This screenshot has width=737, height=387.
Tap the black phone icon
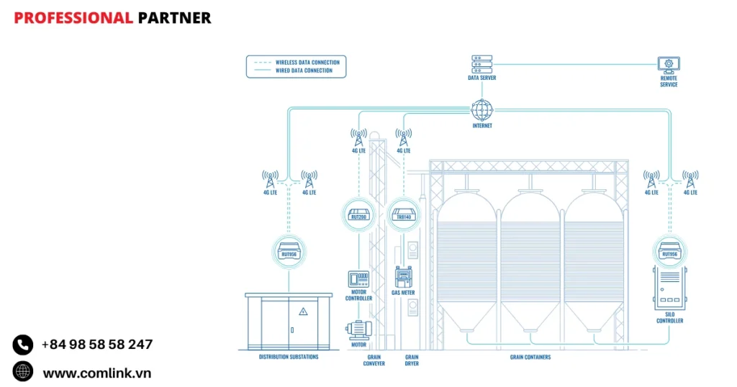tap(23, 345)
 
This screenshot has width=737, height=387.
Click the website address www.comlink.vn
tap(96, 373)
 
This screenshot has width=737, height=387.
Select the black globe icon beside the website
tap(23, 372)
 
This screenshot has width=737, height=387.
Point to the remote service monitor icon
tap(669, 65)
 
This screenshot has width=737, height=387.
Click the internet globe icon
tap(482, 110)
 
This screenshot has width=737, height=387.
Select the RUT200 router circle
tap(358, 214)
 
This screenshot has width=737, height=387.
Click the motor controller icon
tap(358, 278)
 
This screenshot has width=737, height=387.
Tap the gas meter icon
tap(402, 277)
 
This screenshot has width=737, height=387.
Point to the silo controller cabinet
tap(669, 288)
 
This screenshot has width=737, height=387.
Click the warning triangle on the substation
tap(303, 311)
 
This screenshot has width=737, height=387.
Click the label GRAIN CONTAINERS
tap(530, 357)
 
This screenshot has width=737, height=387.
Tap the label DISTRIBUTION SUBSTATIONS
tap(289, 357)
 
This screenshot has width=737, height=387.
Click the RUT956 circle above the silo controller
tap(669, 252)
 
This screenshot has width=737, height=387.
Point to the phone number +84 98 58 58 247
tap(97, 345)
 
